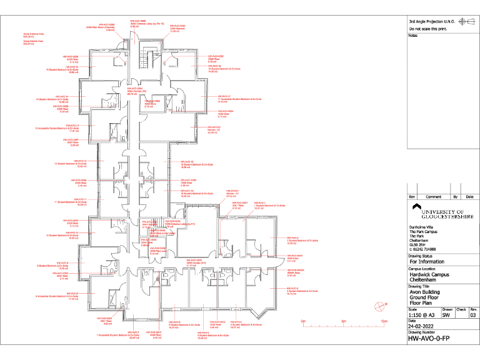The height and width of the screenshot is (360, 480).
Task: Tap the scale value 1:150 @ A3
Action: coord(422,316)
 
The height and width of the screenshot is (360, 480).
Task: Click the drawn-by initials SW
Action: coord(447,316)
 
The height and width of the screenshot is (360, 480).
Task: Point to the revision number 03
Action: coord(473,316)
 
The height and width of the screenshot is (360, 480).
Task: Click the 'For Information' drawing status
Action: coord(429,262)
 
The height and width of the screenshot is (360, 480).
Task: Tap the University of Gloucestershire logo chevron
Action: coord(416,207)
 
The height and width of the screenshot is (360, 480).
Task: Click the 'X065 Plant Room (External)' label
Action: coord(100,27)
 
